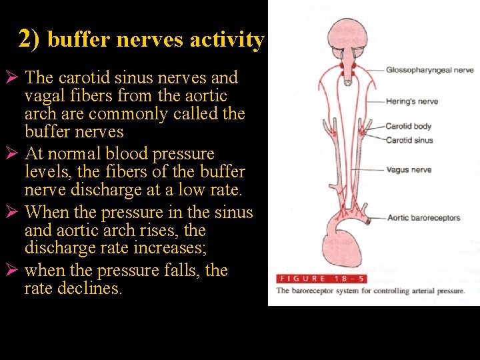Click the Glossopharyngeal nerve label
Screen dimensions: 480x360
click(429, 70)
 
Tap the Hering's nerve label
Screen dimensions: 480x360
click(411, 102)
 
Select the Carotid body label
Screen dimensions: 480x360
click(408, 126)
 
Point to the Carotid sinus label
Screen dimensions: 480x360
click(409, 140)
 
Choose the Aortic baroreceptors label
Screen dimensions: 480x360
click(423, 218)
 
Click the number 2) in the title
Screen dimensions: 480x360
click(29, 39)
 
